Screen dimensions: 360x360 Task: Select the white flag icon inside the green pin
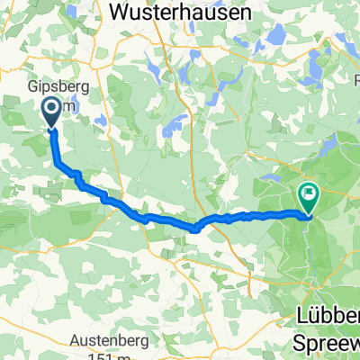(x=309, y=192)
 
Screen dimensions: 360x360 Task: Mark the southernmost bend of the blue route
(x=195, y=229)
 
